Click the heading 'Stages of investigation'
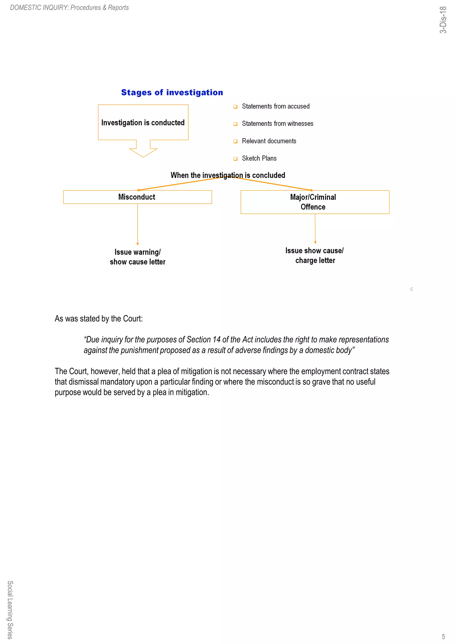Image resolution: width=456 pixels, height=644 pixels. coord(172,92)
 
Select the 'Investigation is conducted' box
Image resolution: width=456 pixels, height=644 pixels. coord(143,122)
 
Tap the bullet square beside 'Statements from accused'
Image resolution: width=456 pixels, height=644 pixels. coord(235,106)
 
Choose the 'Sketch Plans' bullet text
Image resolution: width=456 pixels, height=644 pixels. coord(259,158)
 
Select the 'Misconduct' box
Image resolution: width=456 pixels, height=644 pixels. coord(137,197)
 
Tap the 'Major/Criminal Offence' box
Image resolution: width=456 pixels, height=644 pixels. coord(315,202)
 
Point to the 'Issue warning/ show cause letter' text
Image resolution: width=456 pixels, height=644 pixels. coord(137,257)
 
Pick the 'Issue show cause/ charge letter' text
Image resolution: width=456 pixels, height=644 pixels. coord(315,255)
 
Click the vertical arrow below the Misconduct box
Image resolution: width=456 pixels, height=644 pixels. coord(137,224)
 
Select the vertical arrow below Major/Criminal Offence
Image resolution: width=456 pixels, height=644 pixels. coord(315,229)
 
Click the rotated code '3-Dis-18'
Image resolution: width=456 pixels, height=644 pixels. coord(443,20)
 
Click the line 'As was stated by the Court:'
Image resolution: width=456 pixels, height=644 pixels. coord(99,318)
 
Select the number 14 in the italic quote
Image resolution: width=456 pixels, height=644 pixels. coord(216,339)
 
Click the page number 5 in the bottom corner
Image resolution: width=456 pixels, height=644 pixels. coord(443,636)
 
